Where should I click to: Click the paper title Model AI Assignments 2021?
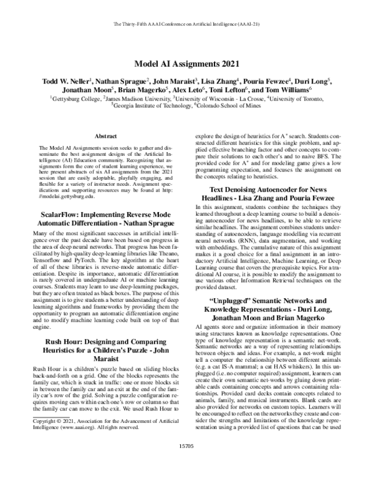tap(186, 64)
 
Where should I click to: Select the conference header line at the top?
tap(186, 24)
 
